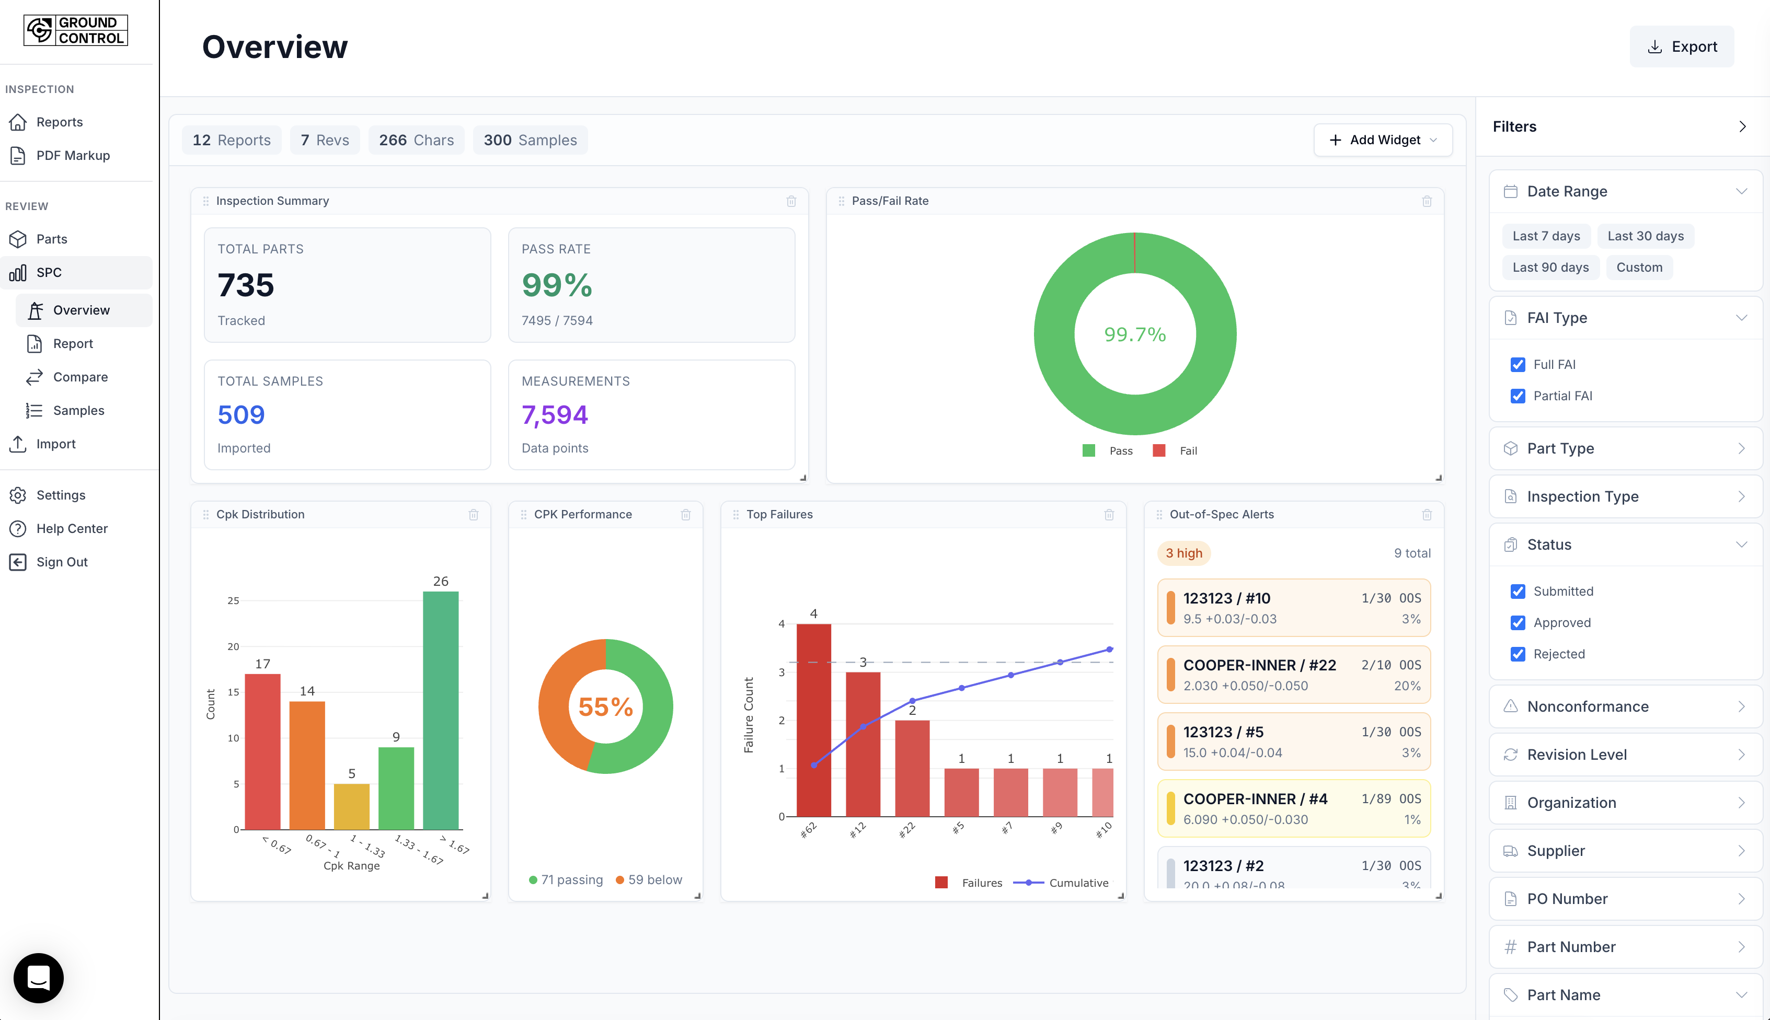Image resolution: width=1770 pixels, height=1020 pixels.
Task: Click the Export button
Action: point(1681,47)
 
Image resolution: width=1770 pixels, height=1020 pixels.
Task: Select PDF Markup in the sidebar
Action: point(72,156)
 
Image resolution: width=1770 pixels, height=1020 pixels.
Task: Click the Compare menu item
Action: point(80,377)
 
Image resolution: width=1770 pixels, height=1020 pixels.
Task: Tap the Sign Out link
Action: point(62,562)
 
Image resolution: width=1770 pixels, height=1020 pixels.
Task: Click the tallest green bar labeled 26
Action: point(440,709)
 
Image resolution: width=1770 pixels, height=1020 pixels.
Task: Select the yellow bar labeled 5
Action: point(351,806)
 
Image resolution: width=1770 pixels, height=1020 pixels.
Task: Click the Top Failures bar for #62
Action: point(813,720)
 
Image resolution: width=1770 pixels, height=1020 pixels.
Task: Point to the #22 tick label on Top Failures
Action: point(907,830)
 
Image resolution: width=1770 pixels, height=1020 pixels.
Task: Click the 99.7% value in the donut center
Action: point(1134,334)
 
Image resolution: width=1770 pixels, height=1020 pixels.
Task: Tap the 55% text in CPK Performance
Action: point(605,706)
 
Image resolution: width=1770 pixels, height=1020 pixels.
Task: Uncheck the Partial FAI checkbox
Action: point(1517,396)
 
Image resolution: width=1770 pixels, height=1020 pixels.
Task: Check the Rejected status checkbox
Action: point(1517,654)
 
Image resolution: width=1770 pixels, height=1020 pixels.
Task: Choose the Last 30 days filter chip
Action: point(1645,236)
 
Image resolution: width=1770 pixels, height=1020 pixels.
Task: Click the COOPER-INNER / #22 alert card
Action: point(1293,675)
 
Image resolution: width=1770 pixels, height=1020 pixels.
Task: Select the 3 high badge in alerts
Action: point(1183,553)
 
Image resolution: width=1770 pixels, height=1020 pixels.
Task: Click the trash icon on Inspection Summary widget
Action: point(791,201)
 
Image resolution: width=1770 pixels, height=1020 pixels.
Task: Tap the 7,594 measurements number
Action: point(554,415)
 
